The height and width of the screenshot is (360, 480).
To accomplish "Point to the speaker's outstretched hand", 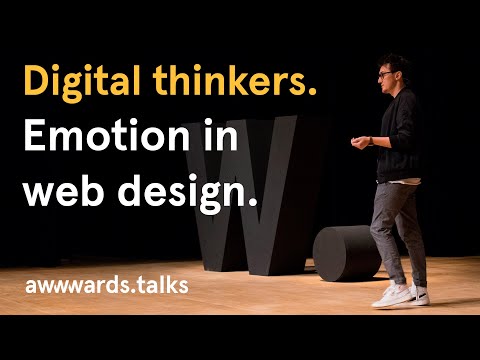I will (x=358, y=142).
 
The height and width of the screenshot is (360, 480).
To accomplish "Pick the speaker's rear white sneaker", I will (x=420, y=294).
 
